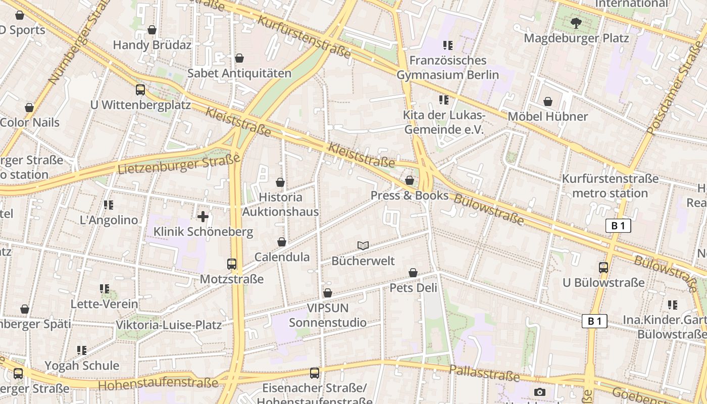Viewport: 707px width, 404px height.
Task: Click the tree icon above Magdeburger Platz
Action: coord(576,23)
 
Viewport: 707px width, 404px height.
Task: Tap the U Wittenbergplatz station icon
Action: coord(140,90)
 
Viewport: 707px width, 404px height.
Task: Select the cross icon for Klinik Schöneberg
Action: coord(203,217)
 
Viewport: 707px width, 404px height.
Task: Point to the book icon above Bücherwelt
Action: coord(363,246)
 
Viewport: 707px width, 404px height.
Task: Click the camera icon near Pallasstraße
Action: coord(539,392)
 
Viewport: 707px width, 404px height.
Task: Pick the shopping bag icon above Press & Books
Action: coord(410,180)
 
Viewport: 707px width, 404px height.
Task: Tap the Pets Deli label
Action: coord(413,288)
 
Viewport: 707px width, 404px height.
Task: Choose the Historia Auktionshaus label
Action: coord(280,204)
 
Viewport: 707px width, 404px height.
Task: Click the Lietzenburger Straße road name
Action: coord(179,164)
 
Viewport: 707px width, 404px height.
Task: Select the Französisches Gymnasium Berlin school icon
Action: coord(447,45)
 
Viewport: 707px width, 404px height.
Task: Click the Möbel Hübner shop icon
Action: coord(547,102)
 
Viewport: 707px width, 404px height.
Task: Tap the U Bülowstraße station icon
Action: coord(603,267)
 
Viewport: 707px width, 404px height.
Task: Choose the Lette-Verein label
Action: coord(104,304)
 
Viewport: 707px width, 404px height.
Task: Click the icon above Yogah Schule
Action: coord(82,350)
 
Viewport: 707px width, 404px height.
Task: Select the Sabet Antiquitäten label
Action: coord(239,73)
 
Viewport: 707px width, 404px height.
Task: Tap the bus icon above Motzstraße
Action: coord(232,264)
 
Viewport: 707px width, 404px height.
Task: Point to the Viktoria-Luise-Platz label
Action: coord(169,325)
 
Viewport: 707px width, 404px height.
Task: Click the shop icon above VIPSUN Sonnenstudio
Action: coord(328,293)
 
